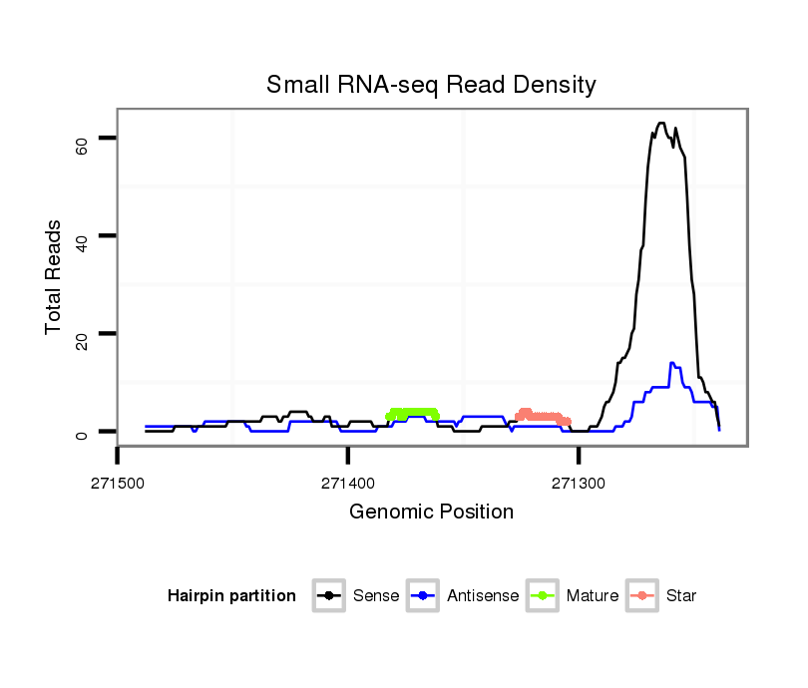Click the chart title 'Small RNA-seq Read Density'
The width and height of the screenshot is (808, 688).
coord(431,85)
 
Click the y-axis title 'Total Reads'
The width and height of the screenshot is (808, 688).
coord(54,277)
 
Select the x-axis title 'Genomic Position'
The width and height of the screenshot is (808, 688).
coord(431,513)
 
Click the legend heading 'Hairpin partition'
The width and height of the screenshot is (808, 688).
coord(231,596)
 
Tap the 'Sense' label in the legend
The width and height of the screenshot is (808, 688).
coord(376,596)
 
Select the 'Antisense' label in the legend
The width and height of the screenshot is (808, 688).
coord(483,596)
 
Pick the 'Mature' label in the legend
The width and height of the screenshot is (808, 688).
coord(593,596)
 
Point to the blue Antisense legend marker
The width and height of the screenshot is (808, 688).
coord(425,596)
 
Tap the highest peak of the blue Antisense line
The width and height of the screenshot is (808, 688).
coord(672,363)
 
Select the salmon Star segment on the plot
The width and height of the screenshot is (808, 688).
coord(542,416)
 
